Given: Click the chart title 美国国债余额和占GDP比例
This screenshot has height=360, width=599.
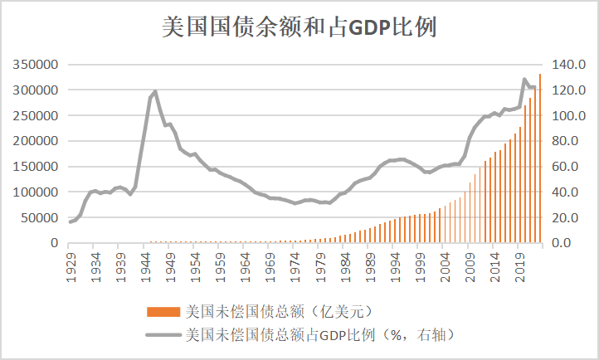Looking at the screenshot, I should tap(299, 27).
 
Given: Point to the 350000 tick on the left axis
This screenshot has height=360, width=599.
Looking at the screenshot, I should tap(34, 64).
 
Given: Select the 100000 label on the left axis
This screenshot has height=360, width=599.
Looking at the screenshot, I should tap(34, 192).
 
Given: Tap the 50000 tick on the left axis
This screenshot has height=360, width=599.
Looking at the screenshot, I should tap(37, 218).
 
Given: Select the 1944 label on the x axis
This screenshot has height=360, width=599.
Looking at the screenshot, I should tap(145, 264).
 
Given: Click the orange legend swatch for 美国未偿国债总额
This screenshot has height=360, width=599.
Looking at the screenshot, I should tap(164, 312).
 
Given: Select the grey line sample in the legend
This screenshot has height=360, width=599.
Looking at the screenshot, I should tap(164, 335).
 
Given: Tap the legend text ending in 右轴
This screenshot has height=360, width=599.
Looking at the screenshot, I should tap(319, 335).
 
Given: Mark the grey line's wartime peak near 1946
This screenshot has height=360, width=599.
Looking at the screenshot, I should tap(155, 91).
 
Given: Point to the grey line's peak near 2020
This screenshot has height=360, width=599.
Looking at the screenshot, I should tap(524, 80).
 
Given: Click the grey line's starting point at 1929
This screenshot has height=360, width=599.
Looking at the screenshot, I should tap(71, 222).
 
